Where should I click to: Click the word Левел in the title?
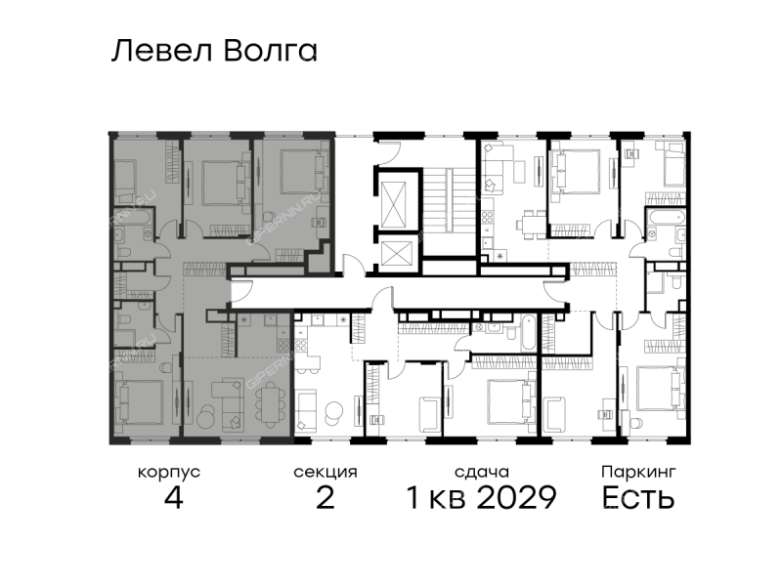coord(161,51)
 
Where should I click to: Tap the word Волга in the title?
coord(270,51)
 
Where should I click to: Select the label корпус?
coord(168,473)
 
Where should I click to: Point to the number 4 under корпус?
coord(173,497)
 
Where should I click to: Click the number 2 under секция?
coord(326,497)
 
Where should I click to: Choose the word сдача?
coord(482,472)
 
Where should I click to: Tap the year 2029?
coord(516,497)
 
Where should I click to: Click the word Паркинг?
coord(638,472)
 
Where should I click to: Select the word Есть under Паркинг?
coord(638,497)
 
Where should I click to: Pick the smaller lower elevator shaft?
coord(397,253)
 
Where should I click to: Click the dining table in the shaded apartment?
coord(270,403)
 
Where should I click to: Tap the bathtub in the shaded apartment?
coord(133,218)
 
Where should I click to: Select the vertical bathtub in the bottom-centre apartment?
coord(528,332)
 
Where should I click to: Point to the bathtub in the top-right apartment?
coord(666,217)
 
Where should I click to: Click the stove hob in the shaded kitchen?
coord(282,345)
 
